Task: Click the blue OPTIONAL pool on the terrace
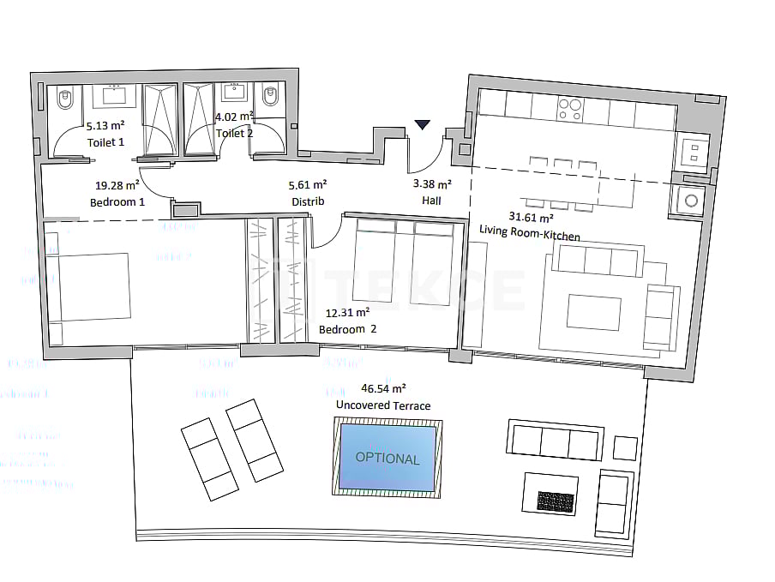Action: click(x=387, y=458)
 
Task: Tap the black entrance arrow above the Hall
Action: click(x=422, y=125)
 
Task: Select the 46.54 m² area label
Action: click(x=384, y=389)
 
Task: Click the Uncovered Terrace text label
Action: click(x=383, y=405)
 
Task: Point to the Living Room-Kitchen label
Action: click(x=529, y=236)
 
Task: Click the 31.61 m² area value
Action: click(x=532, y=217)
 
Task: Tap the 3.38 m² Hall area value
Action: click(x=432, y=183)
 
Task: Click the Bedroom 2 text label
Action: click(x=348, y=329)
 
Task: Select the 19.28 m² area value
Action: click(x=117, y=184)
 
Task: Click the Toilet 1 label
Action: click(x=105, y=142)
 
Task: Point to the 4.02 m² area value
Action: click(x=233, y=117)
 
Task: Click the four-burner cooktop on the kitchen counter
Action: click(x=569, y=108)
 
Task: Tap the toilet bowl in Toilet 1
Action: click(x=63, y=102)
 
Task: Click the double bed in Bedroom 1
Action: click(x=87, y=286)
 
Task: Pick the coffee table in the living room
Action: click(x=594, y=313)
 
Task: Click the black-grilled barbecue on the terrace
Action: click(x=556, y=501)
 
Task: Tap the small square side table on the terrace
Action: click(x=626, y=447)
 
